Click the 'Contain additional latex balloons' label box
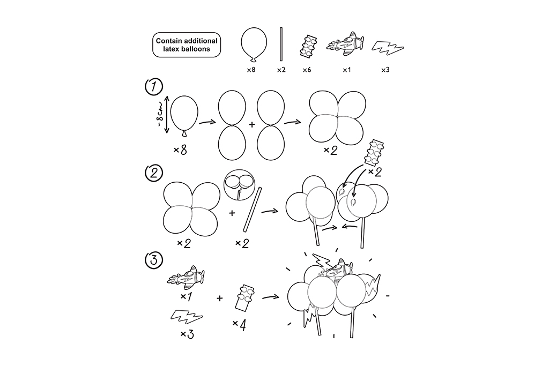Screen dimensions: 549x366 187,45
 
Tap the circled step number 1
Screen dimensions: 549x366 154,87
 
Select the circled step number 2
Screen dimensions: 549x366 154,174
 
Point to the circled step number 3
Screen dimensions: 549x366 154,260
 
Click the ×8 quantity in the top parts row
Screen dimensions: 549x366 251,70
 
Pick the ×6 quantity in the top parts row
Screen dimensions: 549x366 307,70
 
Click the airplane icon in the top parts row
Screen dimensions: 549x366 345,44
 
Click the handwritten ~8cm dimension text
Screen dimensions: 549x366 160,115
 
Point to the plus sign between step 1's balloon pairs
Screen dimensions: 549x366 252,124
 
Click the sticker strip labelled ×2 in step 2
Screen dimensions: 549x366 374,153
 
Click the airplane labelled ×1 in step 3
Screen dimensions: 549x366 186,278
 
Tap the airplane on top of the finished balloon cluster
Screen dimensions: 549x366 336,268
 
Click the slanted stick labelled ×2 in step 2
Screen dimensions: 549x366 253,210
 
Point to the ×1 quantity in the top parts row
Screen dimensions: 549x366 346,70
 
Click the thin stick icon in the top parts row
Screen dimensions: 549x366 281,44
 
